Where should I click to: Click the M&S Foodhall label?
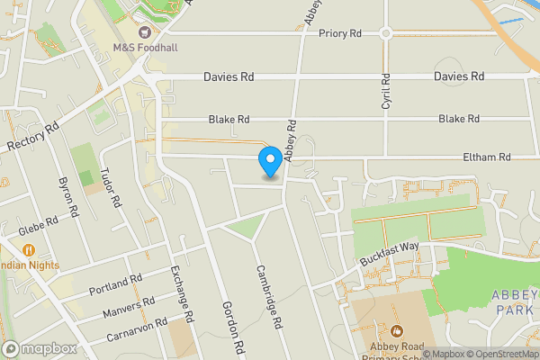pos(146,46)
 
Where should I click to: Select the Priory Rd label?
pos(339,33)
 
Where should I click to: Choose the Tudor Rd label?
pos(112,187)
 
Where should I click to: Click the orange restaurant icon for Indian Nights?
pos(29,249)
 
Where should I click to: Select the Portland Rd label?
pos(116,285)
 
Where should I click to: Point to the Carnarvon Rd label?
pos(136,328)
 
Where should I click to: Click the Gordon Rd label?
pos(233,325)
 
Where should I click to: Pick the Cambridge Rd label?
pos(269,296)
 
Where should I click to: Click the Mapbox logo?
pos(39,348)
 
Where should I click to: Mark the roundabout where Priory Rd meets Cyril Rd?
pos(385,33)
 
